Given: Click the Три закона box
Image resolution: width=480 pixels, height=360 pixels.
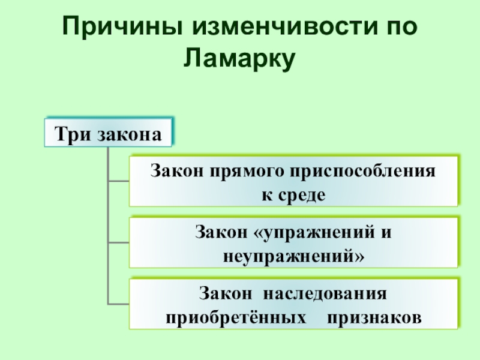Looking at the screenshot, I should click(x=109, y=133).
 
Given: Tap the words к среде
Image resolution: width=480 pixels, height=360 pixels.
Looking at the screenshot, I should click(x=293, y=195).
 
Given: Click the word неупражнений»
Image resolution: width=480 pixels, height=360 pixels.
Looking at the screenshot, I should click(x=293, y=256).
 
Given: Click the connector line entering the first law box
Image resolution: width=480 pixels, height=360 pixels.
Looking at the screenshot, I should click(x=118, y=180).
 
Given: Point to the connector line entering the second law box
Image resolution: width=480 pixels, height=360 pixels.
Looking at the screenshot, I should click(x=118, y=242).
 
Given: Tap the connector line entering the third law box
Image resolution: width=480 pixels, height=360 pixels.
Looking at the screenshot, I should click(x=118, y=303).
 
